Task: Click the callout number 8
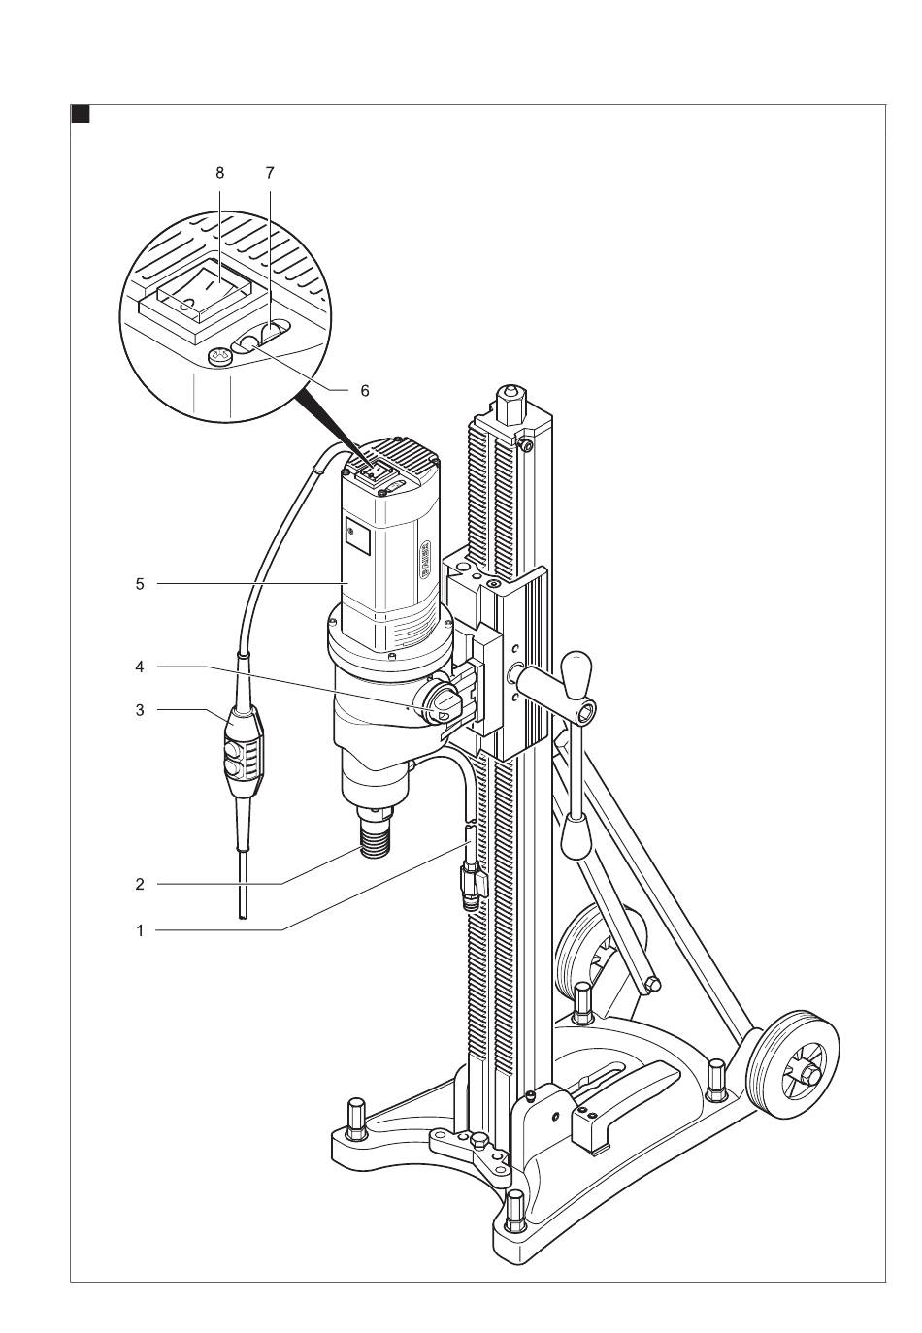(219, 173)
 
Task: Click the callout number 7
(270, 173)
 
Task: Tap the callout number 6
(364, 390)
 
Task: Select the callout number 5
(140, 584)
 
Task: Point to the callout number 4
(140, 666)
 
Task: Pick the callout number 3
(140, 710)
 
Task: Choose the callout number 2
(140, 884)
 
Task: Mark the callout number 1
(140, 930)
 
